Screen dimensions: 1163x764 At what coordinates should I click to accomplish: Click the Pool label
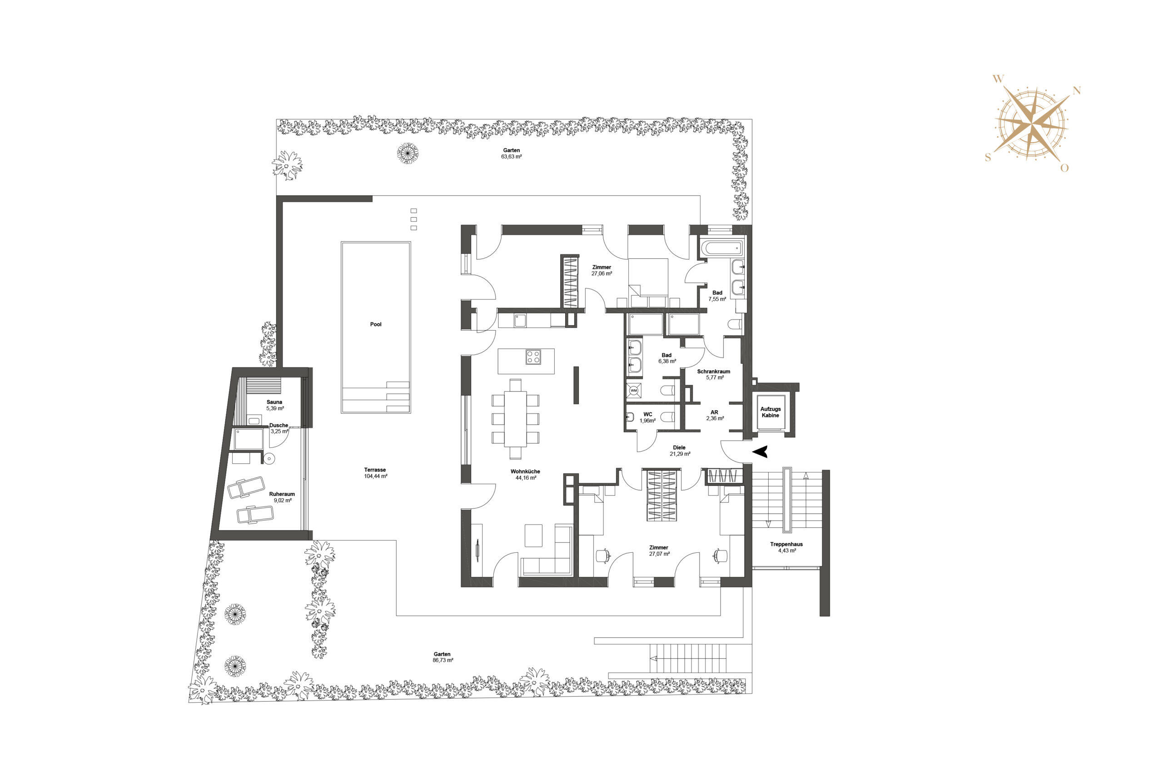[x=375, y=324]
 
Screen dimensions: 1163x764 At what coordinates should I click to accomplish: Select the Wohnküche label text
[x=525, y=471]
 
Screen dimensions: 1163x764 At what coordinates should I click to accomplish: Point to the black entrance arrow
[x=760, y=452]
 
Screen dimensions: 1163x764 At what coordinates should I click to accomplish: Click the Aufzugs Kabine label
[x=770, y=412]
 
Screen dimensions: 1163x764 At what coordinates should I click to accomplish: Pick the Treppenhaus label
[x=786, y=544]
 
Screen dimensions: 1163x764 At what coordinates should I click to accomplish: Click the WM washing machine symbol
[x=634, y=390]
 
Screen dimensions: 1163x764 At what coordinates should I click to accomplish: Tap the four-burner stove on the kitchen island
[x=533, y=357]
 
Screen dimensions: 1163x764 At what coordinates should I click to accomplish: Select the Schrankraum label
[x=713, y=371]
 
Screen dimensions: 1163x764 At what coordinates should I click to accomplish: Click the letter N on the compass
[x=1077, y=91]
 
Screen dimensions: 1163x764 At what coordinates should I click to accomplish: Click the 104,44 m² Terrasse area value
[x=375, y=476]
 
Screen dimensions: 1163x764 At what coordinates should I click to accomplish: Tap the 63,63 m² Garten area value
[x=511, y=157]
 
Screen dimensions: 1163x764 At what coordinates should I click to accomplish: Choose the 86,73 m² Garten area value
[x=443, y=660]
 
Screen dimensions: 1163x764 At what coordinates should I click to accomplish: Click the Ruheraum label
[x=282, y=494]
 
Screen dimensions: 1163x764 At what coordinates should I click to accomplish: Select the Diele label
[x=679, y=447]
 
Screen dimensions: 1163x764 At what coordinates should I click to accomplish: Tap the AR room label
[x=715, y=412]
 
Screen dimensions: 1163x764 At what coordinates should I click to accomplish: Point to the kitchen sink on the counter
[x=520, y=320]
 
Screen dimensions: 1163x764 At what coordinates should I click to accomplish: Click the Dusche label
[x=278, y=425]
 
